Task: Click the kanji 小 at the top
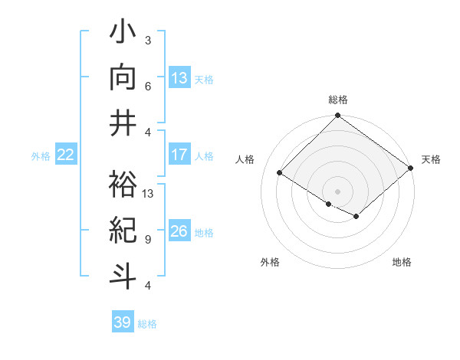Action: point(123,34)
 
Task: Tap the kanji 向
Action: point(123,77)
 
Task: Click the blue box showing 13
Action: point(179,77)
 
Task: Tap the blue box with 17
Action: point(179,155)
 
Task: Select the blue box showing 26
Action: point(179,231)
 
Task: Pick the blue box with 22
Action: point(65,155)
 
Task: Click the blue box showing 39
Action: point(122,322)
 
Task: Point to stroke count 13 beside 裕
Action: point(148,194)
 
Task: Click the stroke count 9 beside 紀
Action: point(148,239)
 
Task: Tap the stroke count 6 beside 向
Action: point(148,86)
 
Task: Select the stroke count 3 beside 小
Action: point(148,40)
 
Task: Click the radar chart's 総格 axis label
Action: point(337,100)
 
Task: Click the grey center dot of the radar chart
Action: point(337,191)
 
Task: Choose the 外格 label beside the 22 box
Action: point(41,156)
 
